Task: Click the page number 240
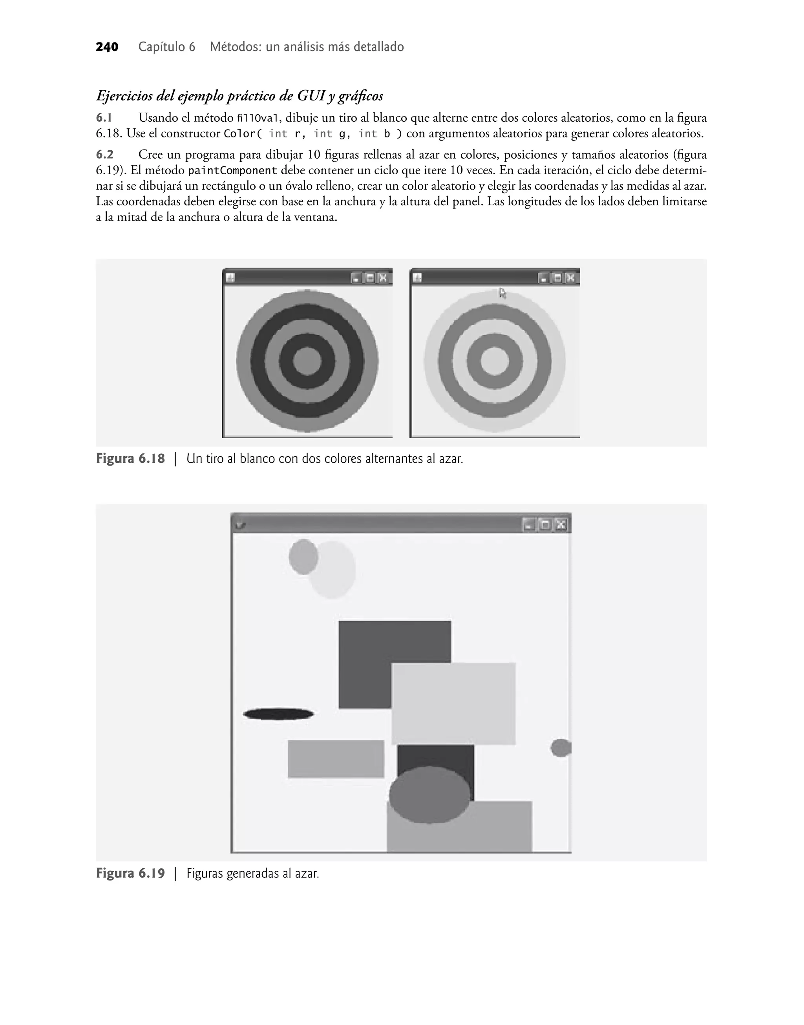pos(107,47)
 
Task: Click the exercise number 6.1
pos(104,118)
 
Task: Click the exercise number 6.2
pos(104,154)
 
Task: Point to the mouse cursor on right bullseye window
pos(502,293)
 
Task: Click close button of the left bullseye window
pos(383,278)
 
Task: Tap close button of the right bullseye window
pos(570,278)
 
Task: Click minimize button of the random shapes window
pos(529,525)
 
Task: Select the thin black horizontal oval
pos(278,714)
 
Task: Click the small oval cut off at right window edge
pos(561,748)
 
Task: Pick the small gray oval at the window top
pos(303,557)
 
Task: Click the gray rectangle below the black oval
pos(336,759)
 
